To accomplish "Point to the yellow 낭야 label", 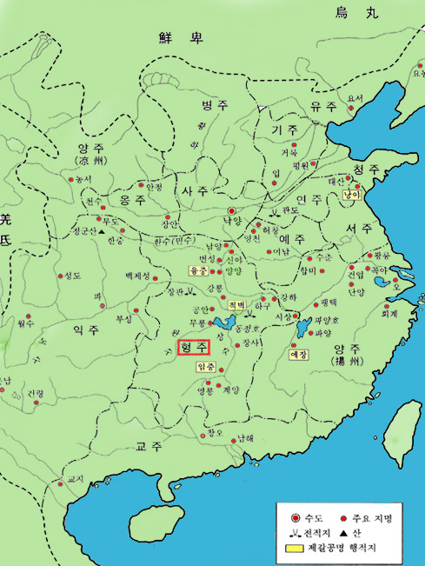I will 351,196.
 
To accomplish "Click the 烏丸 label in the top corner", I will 358,11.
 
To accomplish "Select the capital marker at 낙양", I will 231,211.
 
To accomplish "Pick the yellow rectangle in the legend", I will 292,548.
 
